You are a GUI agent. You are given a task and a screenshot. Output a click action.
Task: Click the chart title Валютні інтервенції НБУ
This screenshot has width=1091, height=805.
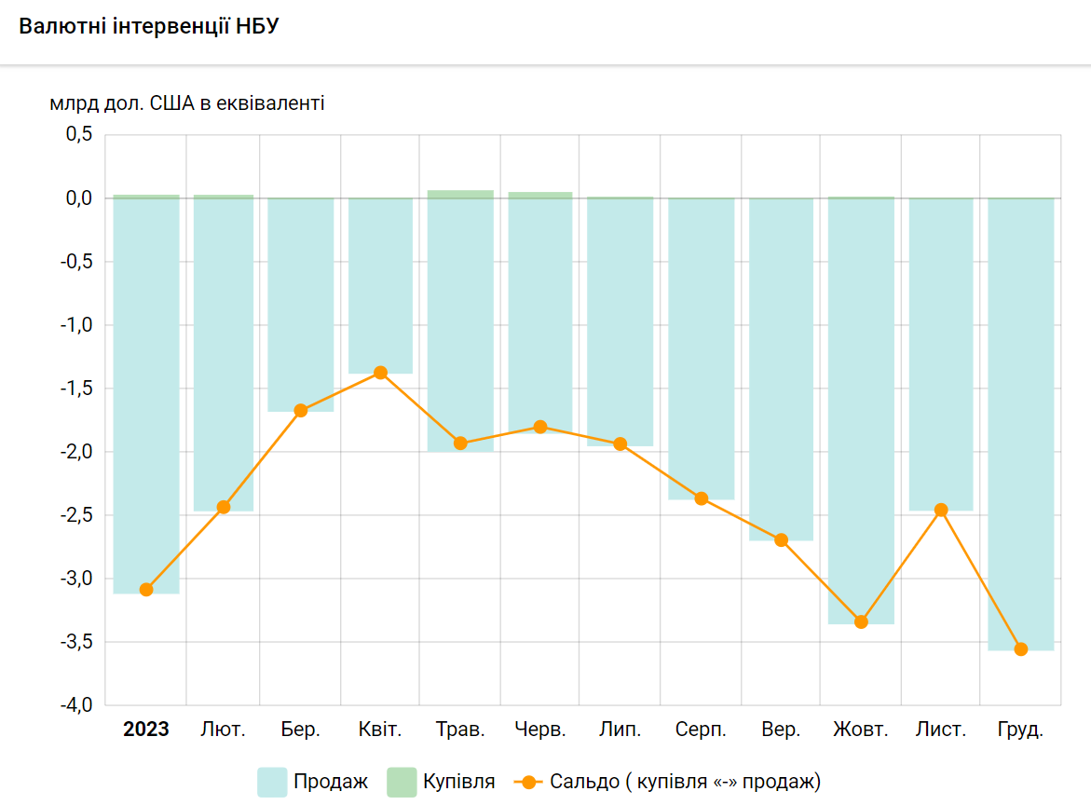(149, 26)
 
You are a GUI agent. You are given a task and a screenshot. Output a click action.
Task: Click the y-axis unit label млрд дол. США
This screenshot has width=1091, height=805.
(187, 103)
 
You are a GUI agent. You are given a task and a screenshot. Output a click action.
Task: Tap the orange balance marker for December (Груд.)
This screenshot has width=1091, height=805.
(1021, 649)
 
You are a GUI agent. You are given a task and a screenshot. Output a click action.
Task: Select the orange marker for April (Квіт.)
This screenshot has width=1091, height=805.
(380, 373)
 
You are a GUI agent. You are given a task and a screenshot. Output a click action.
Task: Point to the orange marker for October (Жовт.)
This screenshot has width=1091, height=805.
(861, 622)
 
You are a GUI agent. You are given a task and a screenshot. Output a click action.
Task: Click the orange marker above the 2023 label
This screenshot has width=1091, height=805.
(146, 590)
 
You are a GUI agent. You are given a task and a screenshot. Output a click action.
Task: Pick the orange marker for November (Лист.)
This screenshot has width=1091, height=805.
(941, 510)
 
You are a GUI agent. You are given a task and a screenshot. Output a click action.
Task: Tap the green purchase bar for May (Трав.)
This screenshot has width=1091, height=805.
(460, 194)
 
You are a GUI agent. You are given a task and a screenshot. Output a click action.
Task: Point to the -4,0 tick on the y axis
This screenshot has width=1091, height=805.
(77, 705)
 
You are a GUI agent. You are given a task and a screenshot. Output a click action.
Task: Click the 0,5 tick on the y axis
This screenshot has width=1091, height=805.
(79, 135)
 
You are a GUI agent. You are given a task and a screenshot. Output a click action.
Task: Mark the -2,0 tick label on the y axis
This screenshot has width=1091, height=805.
(77, 452)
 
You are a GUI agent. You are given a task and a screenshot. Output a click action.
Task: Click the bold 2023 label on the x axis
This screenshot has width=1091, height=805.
(146, 730)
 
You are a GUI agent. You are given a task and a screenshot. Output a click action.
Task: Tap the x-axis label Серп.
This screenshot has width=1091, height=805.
(701, 730)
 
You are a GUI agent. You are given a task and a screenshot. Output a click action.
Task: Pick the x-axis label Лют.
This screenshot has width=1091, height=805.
(224, 730)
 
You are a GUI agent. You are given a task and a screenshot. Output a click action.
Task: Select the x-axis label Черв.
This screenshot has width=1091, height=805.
(540, 730)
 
